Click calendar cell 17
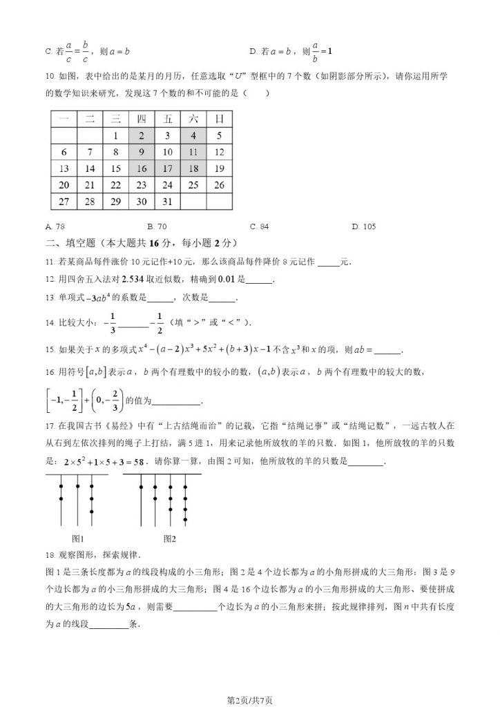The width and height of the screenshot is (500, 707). coord(167,168)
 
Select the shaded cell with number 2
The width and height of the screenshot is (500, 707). coord(141,136)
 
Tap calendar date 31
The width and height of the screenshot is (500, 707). coord(167,201)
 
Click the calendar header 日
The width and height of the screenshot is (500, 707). coord(219,119)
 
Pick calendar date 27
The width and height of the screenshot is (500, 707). coord(64,201)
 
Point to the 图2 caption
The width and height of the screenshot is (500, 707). coord(169,538)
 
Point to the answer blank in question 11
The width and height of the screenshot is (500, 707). coord(329,263)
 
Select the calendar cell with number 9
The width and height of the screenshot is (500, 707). coord(141,153)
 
